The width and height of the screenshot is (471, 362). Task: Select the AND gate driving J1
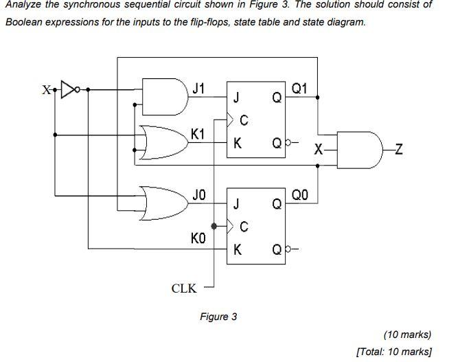coord(164,97)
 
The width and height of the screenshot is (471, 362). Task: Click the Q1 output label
coord(300,88)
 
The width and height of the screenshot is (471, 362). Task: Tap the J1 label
coord(198,88)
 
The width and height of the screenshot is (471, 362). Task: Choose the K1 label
coord(198,134)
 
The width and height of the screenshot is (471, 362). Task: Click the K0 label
coord(198,238)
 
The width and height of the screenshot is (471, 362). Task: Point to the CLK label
coord(183,289)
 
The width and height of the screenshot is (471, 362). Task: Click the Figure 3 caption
coord(218,317)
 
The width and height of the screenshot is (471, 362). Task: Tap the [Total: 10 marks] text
coord(394,352)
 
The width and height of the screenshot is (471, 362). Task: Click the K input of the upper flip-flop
coord(237,144)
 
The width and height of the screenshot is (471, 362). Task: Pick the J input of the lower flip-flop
coord(237,203)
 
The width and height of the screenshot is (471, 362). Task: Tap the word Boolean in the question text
coord(24,22)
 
